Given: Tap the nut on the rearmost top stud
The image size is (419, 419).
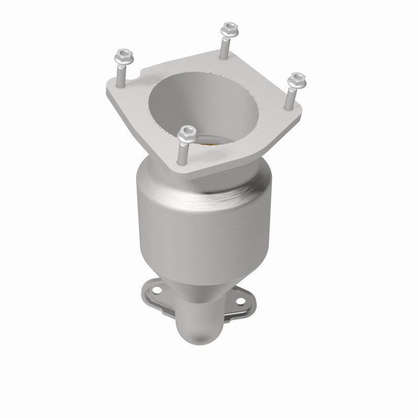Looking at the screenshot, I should coord(228,30).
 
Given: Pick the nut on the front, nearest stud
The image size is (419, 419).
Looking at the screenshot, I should coord(185,136).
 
